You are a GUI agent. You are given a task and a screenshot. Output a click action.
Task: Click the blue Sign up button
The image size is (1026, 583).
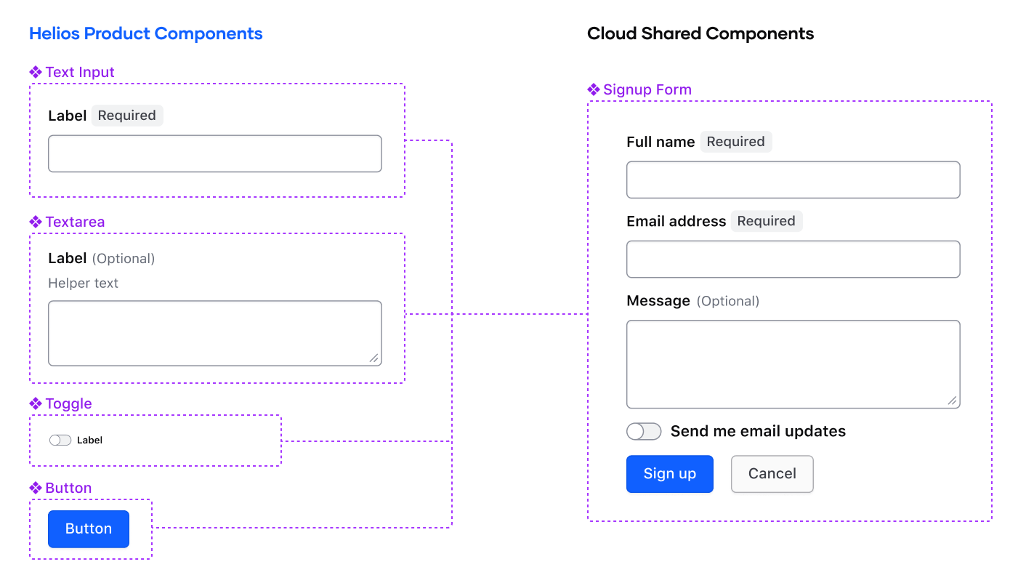coord(669,474)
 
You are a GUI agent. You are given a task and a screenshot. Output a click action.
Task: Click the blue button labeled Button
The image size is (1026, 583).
coord(89,529)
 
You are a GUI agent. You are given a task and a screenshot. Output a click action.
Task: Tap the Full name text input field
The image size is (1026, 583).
coord(793,180)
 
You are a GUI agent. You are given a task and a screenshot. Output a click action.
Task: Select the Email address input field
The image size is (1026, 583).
coord(793,260)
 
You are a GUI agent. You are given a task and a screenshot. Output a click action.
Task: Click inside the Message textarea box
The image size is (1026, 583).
coord(793,364)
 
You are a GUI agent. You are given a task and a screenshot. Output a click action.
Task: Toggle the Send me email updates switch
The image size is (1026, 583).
coord(644,432)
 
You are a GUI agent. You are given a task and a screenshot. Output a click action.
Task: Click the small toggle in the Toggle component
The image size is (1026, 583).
coord(60,440)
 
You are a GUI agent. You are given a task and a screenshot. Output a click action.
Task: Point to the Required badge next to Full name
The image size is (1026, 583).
coord(735,142)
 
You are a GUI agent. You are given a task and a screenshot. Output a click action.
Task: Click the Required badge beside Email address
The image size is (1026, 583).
coord(766,221)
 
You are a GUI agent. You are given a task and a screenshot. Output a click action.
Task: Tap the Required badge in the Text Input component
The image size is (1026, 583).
coord(127,116)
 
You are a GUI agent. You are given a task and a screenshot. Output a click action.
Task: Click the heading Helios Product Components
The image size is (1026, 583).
coord(146,33)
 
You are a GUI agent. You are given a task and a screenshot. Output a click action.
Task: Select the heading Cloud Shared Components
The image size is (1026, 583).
coord(700,33)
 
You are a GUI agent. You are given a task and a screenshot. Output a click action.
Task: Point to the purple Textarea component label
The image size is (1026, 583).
coord(75,222)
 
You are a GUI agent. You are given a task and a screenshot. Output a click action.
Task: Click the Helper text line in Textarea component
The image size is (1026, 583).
coord(84,283)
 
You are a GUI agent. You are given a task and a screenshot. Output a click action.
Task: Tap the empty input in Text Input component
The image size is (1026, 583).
coord(214,153)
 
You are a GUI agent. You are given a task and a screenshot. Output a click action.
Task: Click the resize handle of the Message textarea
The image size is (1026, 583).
coord(952,401)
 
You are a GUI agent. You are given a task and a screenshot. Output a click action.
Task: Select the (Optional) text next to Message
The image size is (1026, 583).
coord(727,301)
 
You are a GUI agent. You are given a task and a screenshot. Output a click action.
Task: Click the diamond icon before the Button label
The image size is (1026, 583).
coord(36,487)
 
